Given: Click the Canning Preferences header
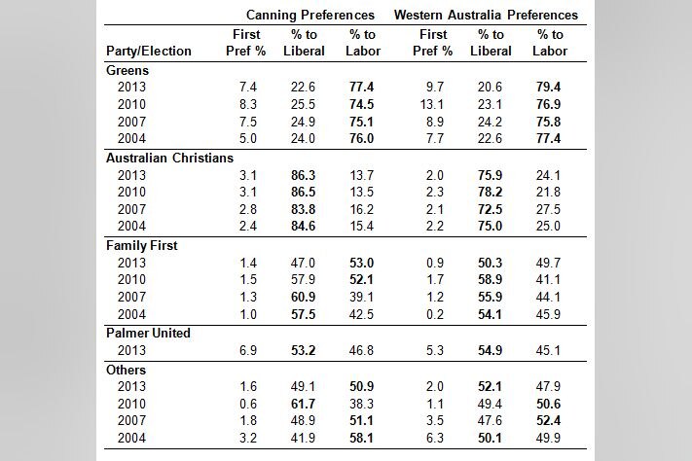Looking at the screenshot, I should pyautogui.click(x=310, y=16).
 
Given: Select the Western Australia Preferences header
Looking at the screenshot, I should pyautogui.click(x=486, y=16).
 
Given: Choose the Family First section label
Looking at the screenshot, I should pyautogui.click(x=141, y=245).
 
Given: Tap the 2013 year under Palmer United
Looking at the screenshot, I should pyautogui.click(x=130, y=350).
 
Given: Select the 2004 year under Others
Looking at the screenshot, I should pyautogui.click(x=130, y=439).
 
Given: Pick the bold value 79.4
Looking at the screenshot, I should pyautogui.click(x=550, y=88).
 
